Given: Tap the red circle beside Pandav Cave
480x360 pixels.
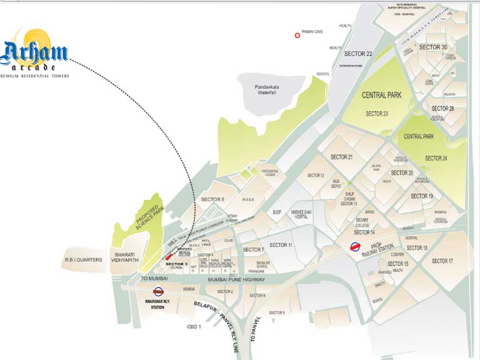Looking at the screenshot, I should tap(298, 36).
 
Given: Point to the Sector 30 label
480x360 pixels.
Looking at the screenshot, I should tap(433, 47).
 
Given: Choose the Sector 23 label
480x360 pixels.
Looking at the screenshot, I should tap(377, 114).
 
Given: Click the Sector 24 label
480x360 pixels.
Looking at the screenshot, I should tap(436, 158).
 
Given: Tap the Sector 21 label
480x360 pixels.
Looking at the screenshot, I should tap(342, 157).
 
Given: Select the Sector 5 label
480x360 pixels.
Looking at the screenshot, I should tap(212, 199).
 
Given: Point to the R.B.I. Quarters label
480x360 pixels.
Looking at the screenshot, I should tap(83, 259).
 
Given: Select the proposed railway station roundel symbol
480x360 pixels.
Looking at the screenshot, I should tap(355, 246).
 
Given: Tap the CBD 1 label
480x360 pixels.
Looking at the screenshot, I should tap(194, 327).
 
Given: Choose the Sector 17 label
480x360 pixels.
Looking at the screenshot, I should tap(442, 261).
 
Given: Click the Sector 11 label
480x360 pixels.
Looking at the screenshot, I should tap(281, 244).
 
